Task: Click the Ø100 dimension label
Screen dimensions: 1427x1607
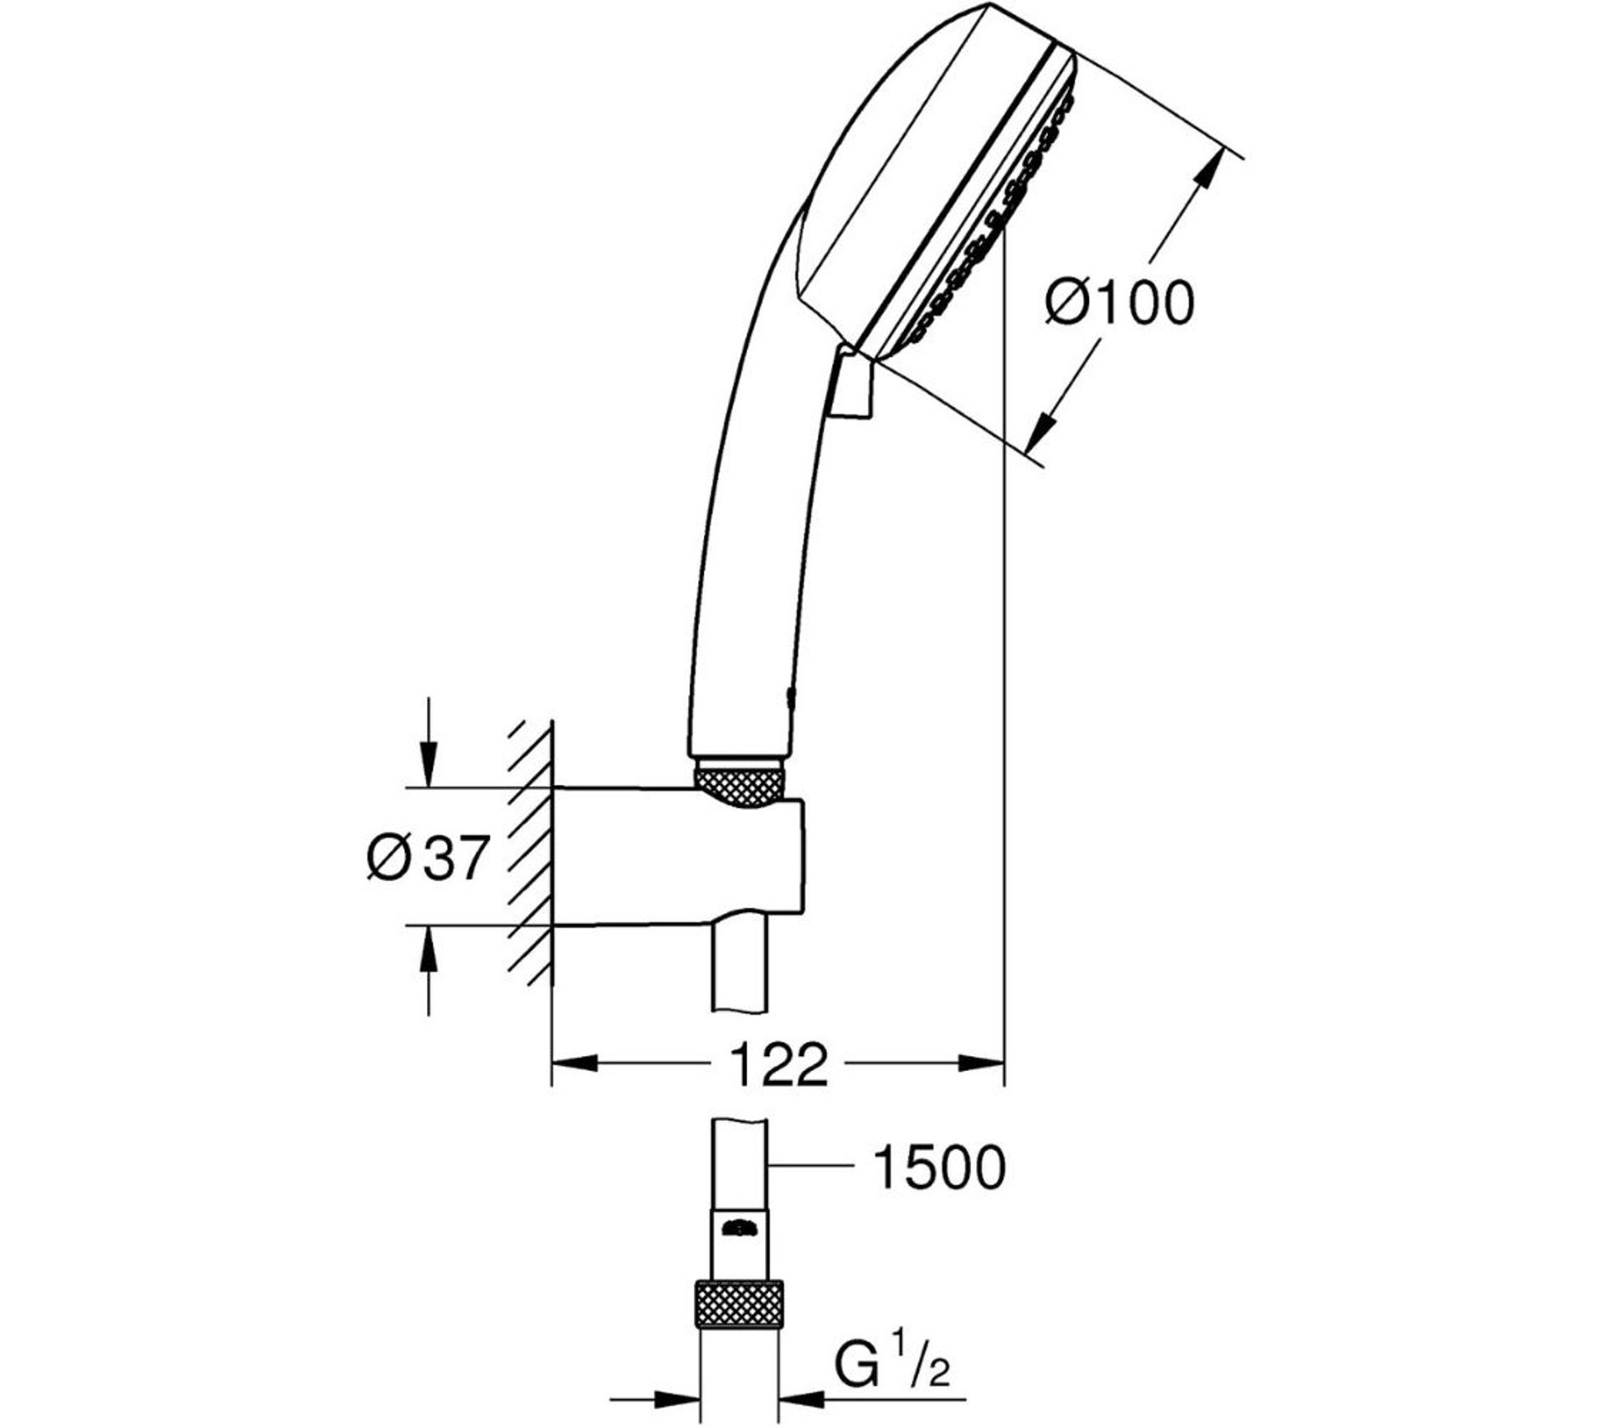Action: (1119, 303)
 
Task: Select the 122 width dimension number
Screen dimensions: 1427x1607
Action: (778, 1065)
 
